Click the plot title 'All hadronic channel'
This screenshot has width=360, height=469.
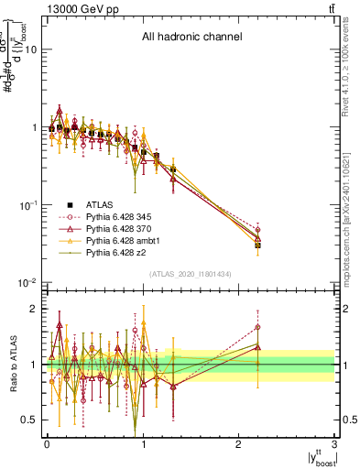click(191, 38)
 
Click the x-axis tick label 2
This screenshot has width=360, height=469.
click(240, 444)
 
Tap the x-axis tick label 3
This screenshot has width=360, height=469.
click(335, 444)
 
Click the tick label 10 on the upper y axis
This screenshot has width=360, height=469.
click(30, 50)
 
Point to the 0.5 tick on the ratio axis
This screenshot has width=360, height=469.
click(30, 420)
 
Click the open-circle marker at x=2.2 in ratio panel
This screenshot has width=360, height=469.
click(258, 327)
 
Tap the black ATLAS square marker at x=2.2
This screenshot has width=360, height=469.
click(258, 245)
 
